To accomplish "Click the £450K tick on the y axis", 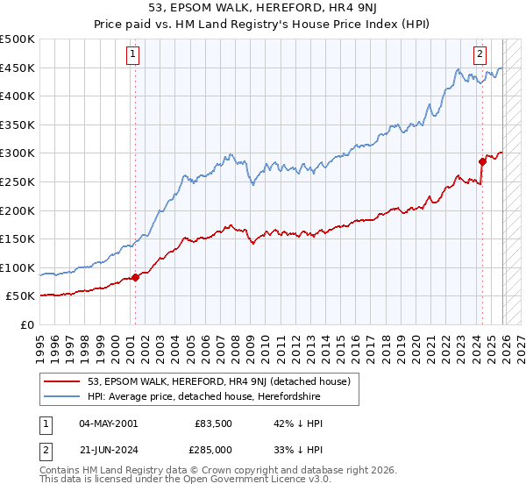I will coord(18,68).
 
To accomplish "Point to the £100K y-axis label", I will coord(18,267).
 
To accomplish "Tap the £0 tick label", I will coord(27,324).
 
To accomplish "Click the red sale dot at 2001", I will coord(135,277).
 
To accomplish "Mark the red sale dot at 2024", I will coord(482,161).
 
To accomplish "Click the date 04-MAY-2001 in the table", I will coord(108,423).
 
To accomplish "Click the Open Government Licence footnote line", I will coord(187,481).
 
